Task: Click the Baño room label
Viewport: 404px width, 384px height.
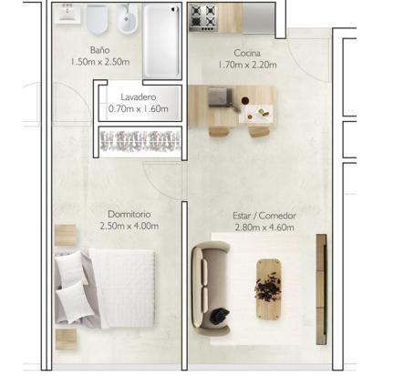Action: point(99,50)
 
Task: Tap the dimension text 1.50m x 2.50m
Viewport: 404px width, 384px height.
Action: point(100,62)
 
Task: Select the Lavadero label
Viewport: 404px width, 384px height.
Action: point(139,97)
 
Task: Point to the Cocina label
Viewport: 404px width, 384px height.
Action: point(247,53)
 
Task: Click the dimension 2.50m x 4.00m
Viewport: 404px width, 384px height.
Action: point(129,226)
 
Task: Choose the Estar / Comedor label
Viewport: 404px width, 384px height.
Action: point(264,216)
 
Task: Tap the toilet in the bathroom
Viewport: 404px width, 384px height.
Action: point(98,19)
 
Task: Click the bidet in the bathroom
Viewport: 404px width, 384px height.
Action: point(128,19)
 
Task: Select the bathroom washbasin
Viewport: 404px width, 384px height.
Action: point(67,13)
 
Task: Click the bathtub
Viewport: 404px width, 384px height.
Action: point(161,41)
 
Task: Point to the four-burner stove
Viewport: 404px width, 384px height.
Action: point(203,17)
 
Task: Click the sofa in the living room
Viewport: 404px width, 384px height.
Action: point(211,288)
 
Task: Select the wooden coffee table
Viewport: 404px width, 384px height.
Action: point(268,289)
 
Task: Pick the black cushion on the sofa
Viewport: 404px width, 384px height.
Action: point(220,315)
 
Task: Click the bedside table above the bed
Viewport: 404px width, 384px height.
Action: point(66,235)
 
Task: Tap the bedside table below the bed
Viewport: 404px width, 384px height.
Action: point(66,339)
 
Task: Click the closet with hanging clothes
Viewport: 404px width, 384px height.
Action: point(140,141)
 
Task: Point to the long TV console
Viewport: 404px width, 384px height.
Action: point(321,289)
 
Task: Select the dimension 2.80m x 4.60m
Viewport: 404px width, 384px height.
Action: point(264,227)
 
